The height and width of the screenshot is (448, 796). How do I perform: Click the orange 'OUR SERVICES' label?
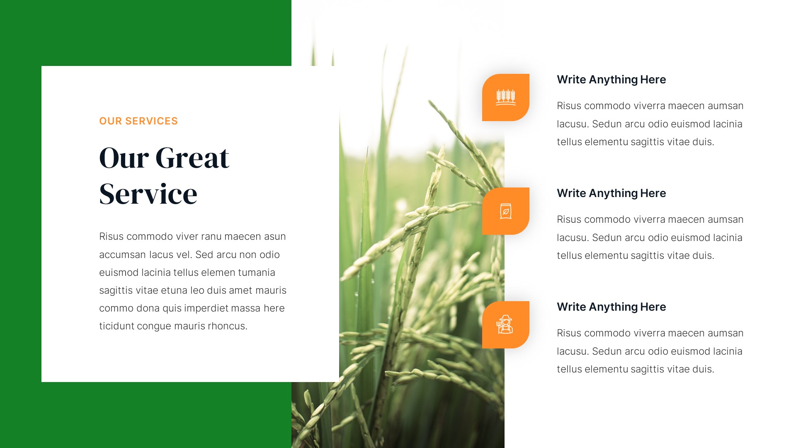pos(138,121)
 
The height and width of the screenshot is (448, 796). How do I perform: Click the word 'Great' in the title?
pos(192,158)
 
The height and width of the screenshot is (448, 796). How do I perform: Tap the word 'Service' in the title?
pos(148,194)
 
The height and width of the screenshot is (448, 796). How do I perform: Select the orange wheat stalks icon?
pos(505,97)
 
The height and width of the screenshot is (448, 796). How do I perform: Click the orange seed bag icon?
pos(505,211)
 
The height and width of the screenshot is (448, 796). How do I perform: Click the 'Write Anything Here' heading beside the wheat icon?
pos(611,80)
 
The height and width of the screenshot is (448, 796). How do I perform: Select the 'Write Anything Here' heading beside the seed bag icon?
pos(611,193)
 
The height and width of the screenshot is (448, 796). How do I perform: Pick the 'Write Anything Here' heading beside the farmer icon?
pos(611,307)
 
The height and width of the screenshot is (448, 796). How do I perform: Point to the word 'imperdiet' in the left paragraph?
pos(206,308)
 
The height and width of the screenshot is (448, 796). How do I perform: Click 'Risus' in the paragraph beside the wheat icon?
pos(569,106)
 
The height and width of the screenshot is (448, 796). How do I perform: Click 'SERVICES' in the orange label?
pos(151,121)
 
